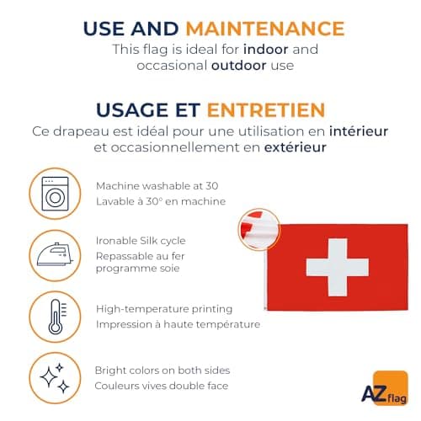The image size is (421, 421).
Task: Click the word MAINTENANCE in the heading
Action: coord(265,29)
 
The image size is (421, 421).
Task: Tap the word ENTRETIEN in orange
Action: coord(266,110)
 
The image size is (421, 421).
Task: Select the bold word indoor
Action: coord(265,50)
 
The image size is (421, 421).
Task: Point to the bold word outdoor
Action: coord(239,65)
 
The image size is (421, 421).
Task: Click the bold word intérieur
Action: coord(359,131)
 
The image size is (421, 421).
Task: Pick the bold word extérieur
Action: coord(295,147)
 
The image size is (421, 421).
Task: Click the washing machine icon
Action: coord(55,194)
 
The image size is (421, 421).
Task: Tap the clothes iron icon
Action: coord(55,254)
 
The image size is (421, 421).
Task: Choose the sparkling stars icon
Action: coord(55,378)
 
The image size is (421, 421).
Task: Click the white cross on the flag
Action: coord(338,267)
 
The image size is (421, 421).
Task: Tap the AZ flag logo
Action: coord(385,388)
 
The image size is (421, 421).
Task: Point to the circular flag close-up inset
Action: coord(259,229)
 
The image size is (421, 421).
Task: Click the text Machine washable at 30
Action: coord(157,186)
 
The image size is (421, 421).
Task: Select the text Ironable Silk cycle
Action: coord(141,241)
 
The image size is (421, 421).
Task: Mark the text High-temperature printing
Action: coord(164,309)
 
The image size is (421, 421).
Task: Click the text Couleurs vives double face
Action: coord(162,386)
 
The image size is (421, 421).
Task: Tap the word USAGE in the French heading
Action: coord(132,110)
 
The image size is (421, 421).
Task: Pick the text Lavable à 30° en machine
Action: coord(161,201)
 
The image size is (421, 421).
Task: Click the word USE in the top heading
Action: coord(104,29)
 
